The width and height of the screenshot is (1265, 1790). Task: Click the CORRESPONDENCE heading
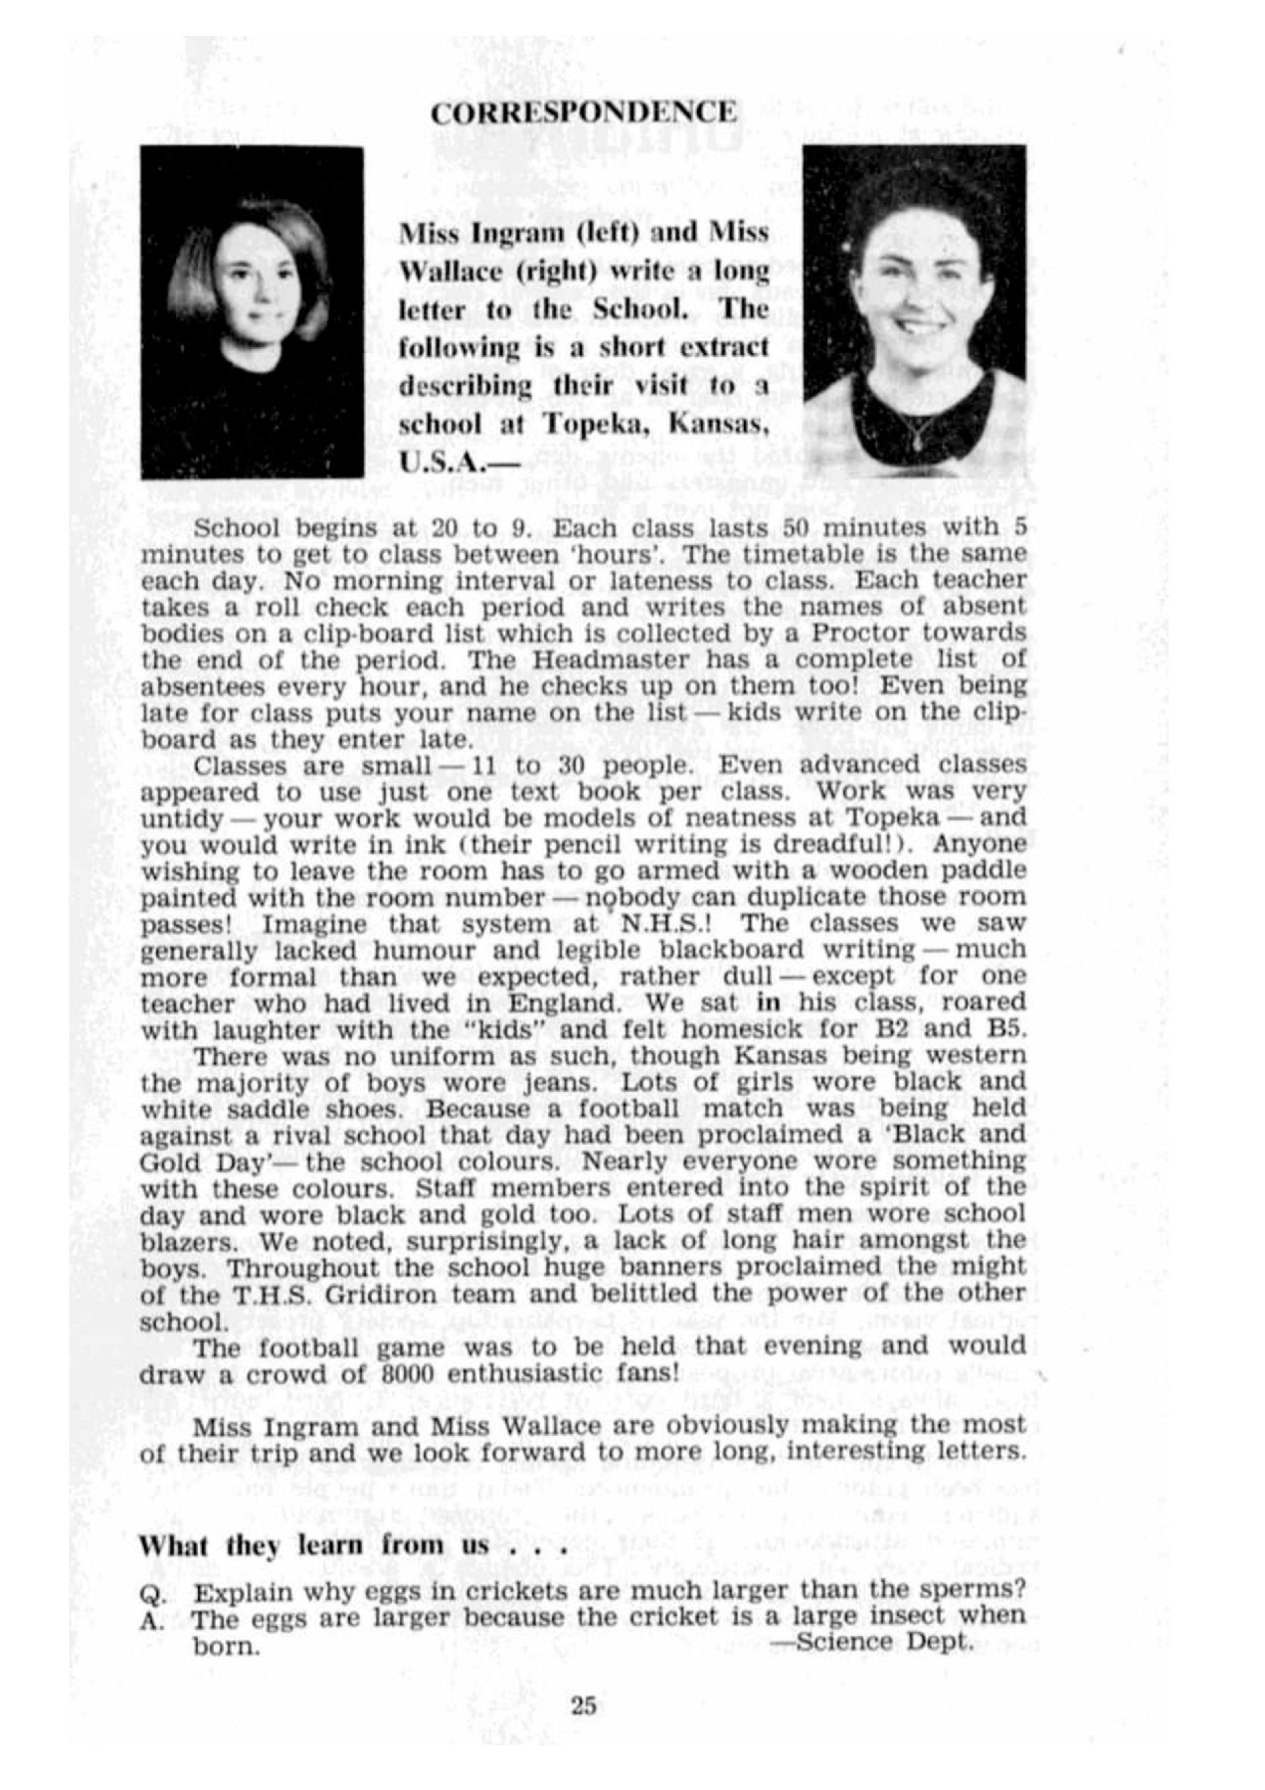point(584,112)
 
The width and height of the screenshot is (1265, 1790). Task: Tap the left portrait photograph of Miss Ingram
point(252,311)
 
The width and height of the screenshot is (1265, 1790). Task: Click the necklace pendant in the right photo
point(916,437)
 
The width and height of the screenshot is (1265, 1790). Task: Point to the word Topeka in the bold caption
point(597,425)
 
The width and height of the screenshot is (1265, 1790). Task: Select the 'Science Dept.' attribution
point(871,1642)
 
